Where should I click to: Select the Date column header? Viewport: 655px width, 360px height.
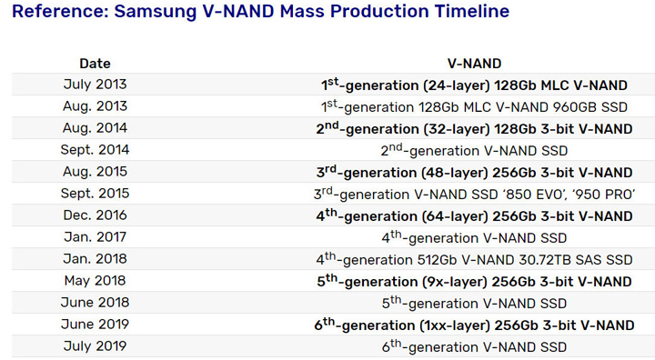[95, 64]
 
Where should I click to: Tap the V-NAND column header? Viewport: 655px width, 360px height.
[474, 64]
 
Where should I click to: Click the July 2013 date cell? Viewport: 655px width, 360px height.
[95, 85]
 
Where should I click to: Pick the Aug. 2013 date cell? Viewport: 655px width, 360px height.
[95, 106]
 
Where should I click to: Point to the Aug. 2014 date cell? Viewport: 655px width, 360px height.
[95, 128]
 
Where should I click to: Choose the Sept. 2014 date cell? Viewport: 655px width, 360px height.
[95, 150]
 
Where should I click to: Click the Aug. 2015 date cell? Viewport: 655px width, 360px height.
[95, 172]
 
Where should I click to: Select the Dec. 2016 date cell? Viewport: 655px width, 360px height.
[95, 215]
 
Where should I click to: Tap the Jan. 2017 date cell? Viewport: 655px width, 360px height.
[95, 237]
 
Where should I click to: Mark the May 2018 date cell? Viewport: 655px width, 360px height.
[95, 281]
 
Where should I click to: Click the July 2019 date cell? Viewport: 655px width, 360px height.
[95, 346]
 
